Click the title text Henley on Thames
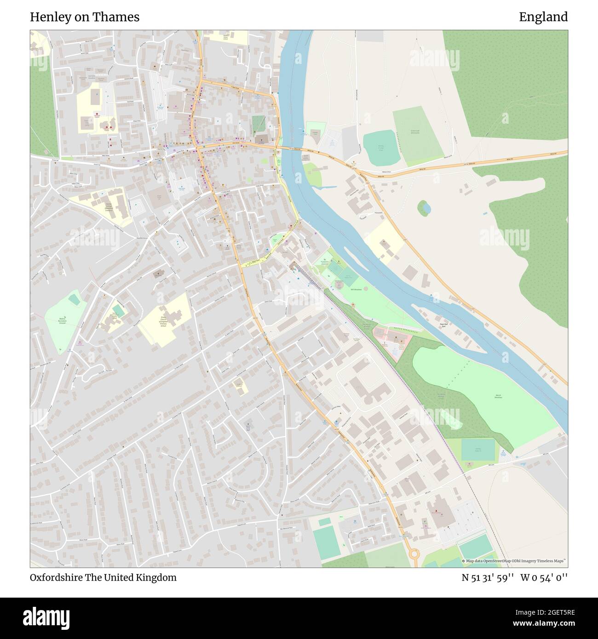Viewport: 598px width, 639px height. tap(85, 17)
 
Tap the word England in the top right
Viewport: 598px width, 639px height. tap(543, 17)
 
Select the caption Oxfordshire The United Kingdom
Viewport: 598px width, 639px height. tap(103, 577)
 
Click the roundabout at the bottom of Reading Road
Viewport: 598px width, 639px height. tap(414, 553)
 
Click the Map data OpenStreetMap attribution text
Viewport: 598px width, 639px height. tap(514, 561)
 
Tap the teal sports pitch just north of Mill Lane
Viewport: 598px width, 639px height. tap(477, 450)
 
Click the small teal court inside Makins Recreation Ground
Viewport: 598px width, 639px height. tap(74, 300)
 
